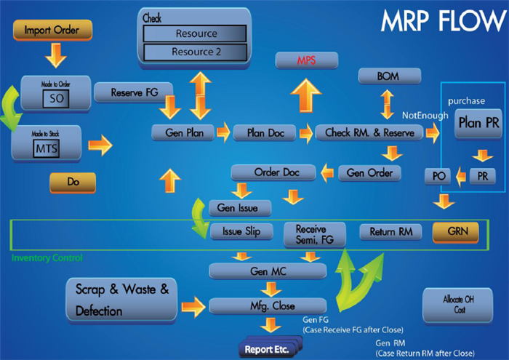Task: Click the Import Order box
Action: pos(52,31)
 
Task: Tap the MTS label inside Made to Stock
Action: pos(44,148)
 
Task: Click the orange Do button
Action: pos(73,182)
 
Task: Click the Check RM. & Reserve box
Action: pos(369,132)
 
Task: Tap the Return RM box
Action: pos(390,233)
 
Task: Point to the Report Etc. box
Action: pos(269,349)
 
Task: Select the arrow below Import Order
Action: pos(55,55)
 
